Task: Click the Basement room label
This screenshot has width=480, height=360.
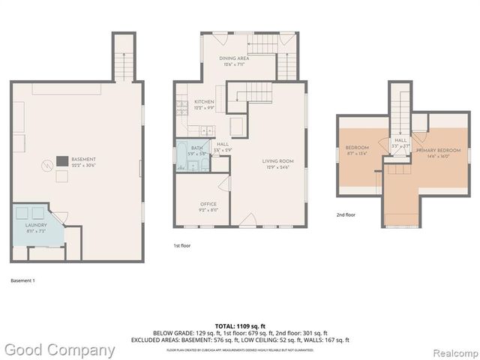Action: tap(83, 160)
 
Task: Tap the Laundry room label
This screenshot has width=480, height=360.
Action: tap(36, 225)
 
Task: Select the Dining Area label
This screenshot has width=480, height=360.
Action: tap(234, 58)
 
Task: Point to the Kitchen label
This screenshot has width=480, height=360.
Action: tap(204, 102)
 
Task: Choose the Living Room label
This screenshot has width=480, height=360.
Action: tap(277, 161)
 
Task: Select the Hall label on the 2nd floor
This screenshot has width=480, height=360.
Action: tap(400, 140)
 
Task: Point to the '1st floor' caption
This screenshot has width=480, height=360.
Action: tap(183, 244)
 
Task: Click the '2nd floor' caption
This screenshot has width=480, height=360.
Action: tap(346, 214)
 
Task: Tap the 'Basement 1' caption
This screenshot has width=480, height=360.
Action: tap(22, 280)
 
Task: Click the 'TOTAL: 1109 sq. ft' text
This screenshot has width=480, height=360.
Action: tap(240, 326)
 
